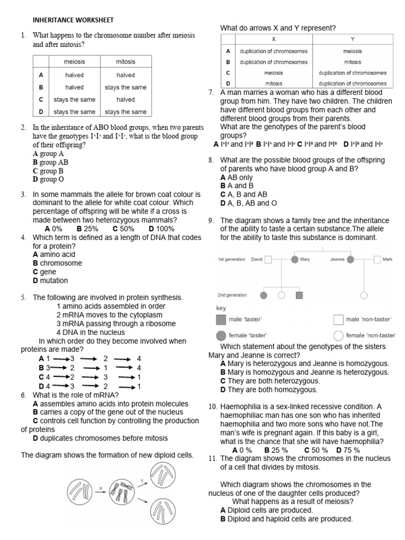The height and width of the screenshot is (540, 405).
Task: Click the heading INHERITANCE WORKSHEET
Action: click(73, 20)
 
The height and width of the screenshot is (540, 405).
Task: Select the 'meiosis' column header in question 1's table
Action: click(74, 62)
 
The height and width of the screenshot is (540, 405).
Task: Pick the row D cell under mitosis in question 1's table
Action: click(126, 112)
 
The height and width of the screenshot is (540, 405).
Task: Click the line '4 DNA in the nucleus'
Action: click(90, 332)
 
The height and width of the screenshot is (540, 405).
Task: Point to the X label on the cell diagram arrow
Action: click(100, 489)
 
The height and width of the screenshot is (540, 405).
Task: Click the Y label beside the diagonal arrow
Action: click(142, 480)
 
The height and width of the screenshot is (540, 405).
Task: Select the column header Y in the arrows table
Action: click(352, 40)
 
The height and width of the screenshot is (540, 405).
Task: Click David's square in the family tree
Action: click(268, 259)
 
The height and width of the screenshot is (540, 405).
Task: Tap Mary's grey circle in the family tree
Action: click(295, 259)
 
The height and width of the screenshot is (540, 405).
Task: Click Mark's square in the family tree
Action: click(377, 259)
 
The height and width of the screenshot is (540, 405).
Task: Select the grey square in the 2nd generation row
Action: click(299, 295)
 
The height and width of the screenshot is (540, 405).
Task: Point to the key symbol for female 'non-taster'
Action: click(339, 335)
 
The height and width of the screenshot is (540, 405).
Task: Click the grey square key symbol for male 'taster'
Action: click(221, 320)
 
